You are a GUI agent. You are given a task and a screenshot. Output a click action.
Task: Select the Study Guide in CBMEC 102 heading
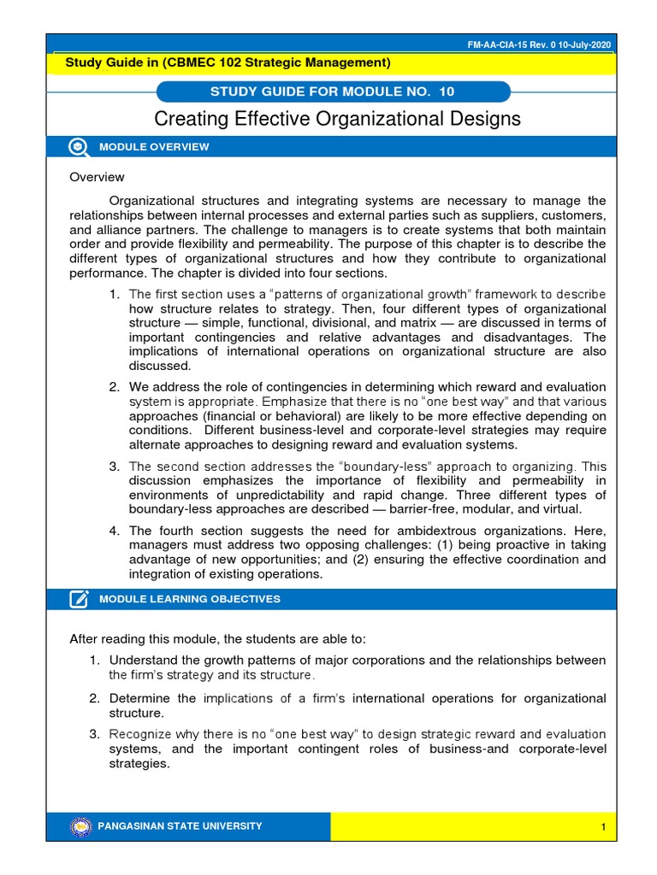coord(228,62)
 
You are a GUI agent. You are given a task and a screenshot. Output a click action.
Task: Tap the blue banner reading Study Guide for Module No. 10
coord(333,91)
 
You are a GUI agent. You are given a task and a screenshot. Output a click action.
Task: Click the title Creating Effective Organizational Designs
coord(336,119)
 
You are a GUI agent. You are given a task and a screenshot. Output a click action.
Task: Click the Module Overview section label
coord(154,147)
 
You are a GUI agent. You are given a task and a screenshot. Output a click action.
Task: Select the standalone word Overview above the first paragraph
coord(97,177)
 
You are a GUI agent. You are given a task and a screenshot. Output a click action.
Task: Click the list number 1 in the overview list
coord(114,294)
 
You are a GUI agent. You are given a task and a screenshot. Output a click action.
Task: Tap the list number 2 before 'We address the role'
coord(114,387)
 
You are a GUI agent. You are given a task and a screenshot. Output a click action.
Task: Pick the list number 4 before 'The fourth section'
coord(114,531)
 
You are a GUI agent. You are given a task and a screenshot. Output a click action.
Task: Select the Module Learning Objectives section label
coord(189,599)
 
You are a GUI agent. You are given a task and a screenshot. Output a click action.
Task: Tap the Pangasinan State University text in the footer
coord(181,826)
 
